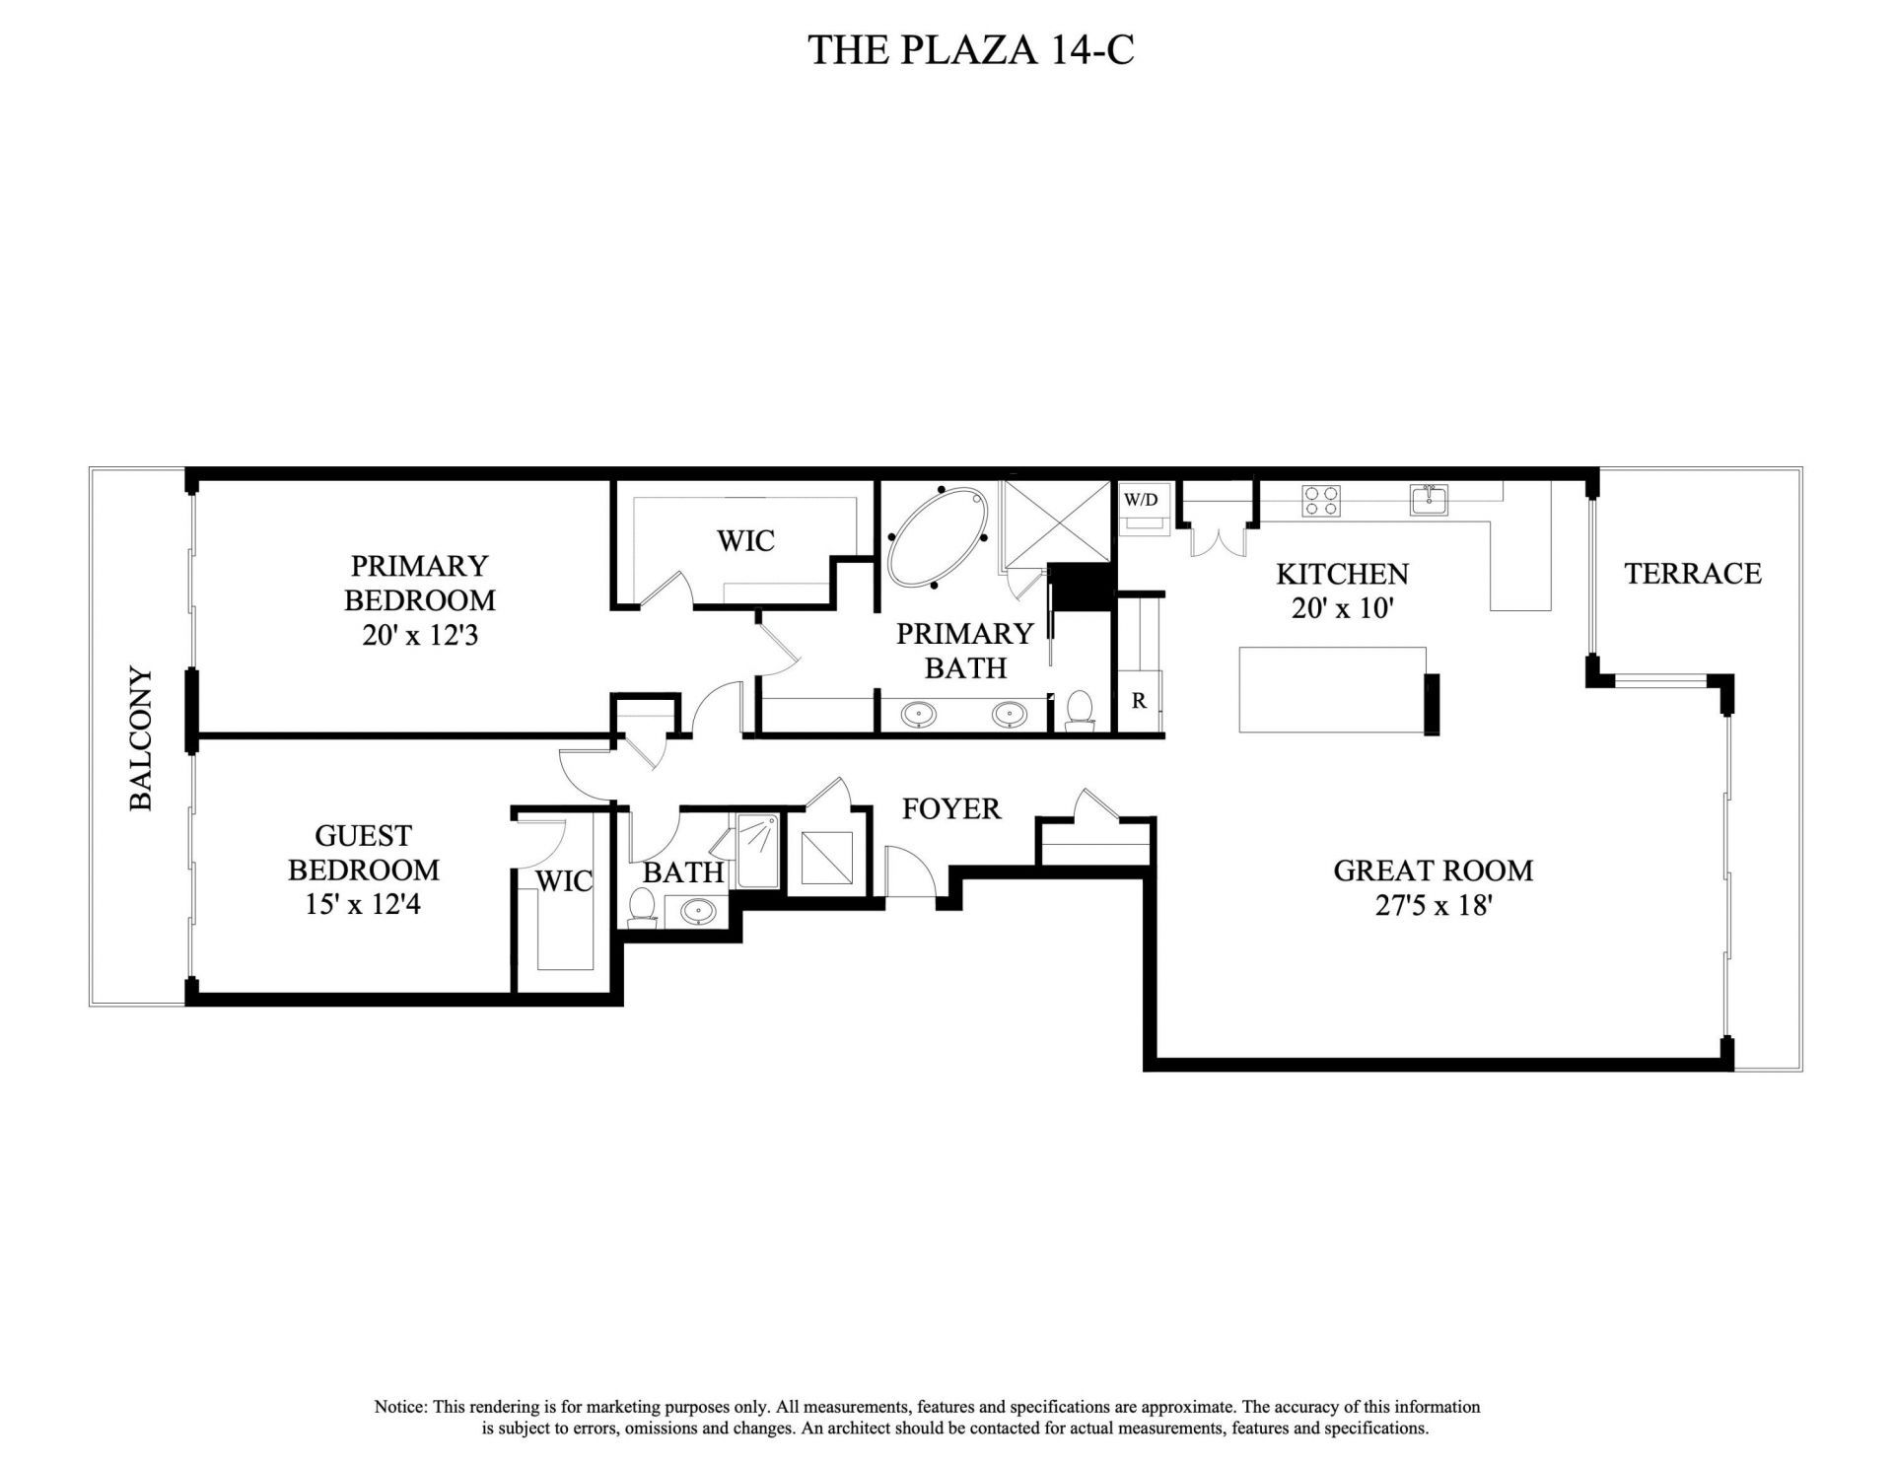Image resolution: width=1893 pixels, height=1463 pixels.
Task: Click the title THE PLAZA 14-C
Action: tap(970, 49)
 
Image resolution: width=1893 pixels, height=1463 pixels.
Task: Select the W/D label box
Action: tap(1142, 499)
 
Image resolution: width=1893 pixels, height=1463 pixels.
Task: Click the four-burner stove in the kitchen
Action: tap(1322, 501)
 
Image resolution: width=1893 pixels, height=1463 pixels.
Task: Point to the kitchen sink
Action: tap(1429, 500)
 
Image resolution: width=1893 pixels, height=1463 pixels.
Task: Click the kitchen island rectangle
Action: tap(1332, 689)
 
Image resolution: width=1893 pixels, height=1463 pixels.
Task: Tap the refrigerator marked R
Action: tap(1139, 701)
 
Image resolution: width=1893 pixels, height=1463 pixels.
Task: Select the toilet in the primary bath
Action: tap(1081, 710)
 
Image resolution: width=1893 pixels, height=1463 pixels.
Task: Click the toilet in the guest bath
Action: tap(643, 906)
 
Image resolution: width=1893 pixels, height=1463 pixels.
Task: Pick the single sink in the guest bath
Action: tap(699, 912)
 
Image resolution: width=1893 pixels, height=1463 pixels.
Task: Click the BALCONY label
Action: tap(142, 738)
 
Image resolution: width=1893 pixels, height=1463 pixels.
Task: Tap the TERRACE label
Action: tap(1692, 574)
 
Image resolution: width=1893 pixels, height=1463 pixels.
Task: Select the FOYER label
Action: tap(951, 809)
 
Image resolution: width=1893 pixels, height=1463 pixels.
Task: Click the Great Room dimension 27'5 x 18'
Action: tap(1433, 905)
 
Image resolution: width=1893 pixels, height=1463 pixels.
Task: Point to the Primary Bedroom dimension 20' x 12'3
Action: tap(420, 635)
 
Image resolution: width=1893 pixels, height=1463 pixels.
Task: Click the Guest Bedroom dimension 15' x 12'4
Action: tap(363, 903)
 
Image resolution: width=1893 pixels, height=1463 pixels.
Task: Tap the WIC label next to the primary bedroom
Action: tap(745, 540)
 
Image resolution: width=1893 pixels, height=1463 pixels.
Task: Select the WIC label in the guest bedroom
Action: tap(564, 880)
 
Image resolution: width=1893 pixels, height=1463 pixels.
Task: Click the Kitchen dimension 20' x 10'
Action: tap(1342, 608)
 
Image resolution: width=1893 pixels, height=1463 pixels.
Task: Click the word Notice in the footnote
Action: tap(400, 1407)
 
